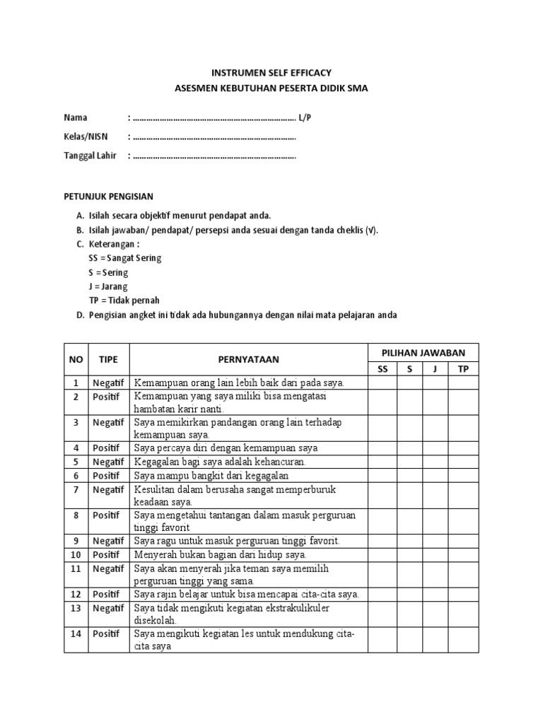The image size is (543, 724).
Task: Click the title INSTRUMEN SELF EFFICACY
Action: pyautogui.click(x=271, y=73)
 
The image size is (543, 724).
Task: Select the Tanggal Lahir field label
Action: pyautogui.click(x=90, y=156)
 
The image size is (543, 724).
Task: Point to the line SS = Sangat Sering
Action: pyautogui.click(x=125, y=258)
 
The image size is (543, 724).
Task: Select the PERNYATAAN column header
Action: pyautogui.click(x=248, y=360)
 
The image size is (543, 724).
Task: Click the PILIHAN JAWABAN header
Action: pyautogui.click(x=423, y=353)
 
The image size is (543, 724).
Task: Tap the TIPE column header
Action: pyautogui.click(x=108, y=360)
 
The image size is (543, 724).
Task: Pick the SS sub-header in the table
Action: pyautogui.click(x=383, y=369)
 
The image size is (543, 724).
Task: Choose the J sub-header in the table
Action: pyautogui.click(x=436, y=369)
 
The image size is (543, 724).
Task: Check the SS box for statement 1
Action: pyautogui.click(x=383, y=383)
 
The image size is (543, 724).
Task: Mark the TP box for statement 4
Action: pyautogui.click(x=464, y=448)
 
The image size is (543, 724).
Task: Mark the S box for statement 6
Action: pyautogui.click(x=409, y=476)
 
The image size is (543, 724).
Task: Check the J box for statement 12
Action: pyautogui.click(x=436, y=595)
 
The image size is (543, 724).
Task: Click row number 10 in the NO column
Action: pyautogui.click(x=76, y=555)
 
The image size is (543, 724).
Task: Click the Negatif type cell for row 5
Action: pyautogui.click(x=108, y=462)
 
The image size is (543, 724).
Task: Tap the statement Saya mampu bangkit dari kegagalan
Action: pyautogui.click(x=211, y=476)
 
